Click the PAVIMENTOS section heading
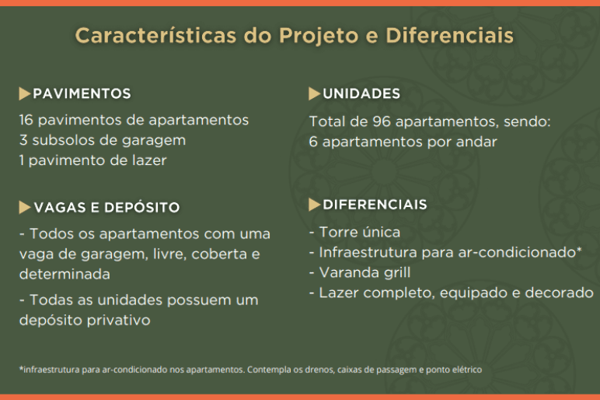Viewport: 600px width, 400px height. point(82,94)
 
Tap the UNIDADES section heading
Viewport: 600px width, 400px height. point(361,94)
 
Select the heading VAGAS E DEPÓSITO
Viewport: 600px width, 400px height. point(106,208)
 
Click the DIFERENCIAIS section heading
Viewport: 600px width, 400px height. point(375,205)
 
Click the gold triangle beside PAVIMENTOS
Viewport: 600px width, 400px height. point(24,94)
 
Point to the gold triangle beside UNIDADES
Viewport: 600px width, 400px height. point(314,94)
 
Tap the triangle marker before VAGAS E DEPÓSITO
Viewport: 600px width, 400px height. point(24,207)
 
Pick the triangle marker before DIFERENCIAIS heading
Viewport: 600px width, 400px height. point(314,205)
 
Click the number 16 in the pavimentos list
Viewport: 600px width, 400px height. point(26,120)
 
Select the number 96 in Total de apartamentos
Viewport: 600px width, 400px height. point(382,122)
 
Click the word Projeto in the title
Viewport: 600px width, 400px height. point(319,37)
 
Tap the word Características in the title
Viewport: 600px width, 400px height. point(155,36)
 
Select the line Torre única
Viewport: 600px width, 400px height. point(354,232)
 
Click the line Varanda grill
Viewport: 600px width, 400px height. point(360,273)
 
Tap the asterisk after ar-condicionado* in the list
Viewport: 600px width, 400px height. point(579,250)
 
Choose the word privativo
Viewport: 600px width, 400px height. point(118,321)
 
